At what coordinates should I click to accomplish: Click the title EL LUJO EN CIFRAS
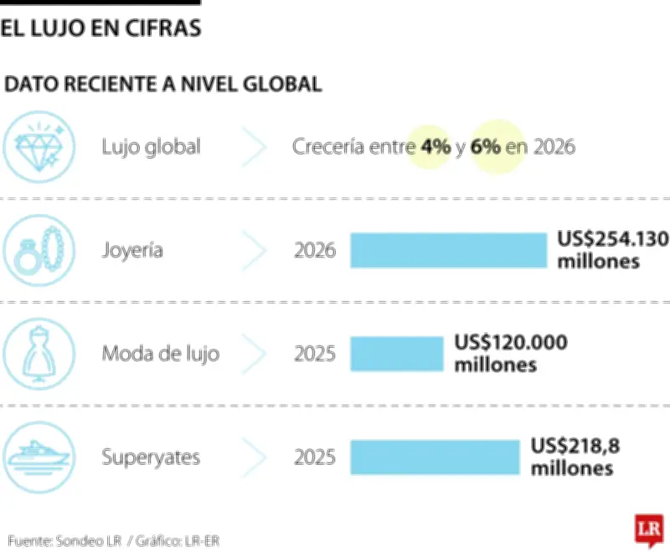100,28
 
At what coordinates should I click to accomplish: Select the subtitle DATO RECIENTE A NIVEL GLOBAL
163,84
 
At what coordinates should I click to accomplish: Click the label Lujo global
151,147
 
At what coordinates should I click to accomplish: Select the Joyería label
132,250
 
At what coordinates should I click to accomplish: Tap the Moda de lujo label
160,353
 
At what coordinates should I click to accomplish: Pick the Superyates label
151,457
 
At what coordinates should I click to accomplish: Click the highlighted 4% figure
435,147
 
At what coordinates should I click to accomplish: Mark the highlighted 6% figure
486,147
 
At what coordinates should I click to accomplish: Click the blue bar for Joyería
447,250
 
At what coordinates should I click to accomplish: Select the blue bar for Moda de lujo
395,353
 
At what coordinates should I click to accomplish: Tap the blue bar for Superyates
435,457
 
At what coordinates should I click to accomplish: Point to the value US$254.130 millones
612,250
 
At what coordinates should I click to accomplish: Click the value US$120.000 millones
510,353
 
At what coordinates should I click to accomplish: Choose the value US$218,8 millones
575,457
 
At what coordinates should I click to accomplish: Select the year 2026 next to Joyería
315,250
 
